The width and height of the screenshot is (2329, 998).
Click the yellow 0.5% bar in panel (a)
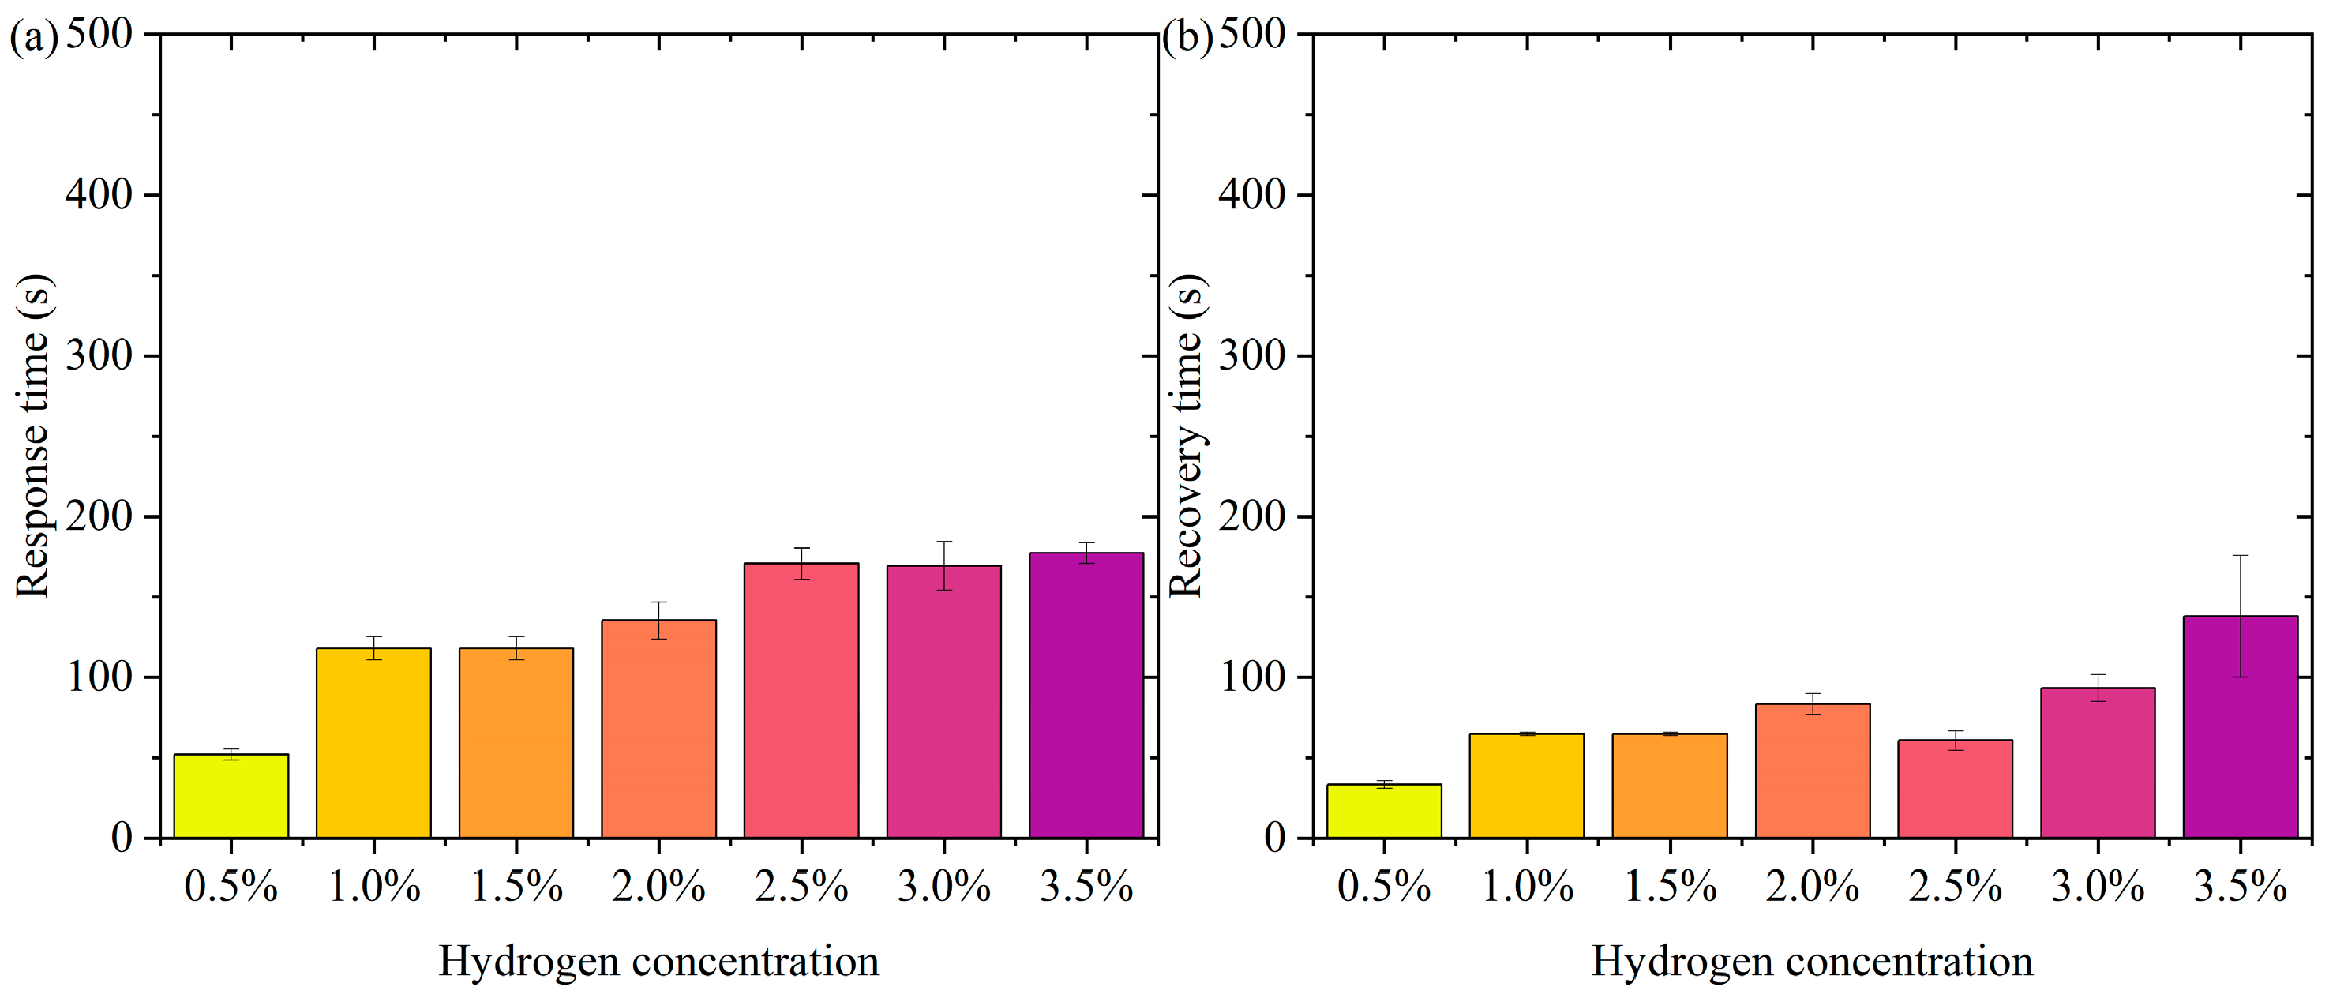[231, 796]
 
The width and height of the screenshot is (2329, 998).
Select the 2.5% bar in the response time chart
[801, 700]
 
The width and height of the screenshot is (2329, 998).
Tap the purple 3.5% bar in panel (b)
[2241, 728]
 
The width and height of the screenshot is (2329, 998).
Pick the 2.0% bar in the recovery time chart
[1812, 771]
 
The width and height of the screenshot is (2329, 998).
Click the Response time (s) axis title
[32, 436]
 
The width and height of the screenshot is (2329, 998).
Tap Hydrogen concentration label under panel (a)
[658, 961]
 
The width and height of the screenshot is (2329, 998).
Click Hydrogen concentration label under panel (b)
[1812, 961]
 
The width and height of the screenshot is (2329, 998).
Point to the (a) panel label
[32, 38]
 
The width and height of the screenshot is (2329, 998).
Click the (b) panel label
[1185, 38]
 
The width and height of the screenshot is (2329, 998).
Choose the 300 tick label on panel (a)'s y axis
[99, 355]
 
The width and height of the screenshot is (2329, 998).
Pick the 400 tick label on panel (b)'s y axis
[1252, 194]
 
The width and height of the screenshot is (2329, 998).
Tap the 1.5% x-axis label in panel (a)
[516, 887]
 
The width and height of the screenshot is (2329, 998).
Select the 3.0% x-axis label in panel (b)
[2098, 887]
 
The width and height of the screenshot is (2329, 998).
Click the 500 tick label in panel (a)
[99, 35]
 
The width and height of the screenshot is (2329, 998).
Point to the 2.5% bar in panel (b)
[1955, 790]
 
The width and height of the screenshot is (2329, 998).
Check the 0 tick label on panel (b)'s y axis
[1275, 839]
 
